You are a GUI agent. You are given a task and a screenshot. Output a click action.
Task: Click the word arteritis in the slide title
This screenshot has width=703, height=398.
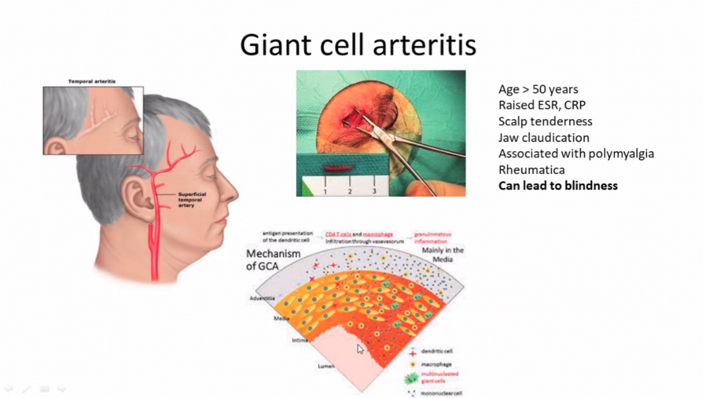tap(424, 45)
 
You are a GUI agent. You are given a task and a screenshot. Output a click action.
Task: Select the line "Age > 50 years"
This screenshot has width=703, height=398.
tap(538, 89)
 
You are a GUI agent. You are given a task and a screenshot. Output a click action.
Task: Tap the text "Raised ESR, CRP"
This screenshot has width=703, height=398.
tap(542, 105)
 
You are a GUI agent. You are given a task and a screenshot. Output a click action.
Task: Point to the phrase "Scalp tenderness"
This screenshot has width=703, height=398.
tap(545, 122)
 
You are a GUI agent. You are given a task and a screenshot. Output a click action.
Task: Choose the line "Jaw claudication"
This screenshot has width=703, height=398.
tap(544, 138)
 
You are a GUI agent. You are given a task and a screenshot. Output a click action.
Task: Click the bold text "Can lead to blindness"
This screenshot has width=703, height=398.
tap(558, 186)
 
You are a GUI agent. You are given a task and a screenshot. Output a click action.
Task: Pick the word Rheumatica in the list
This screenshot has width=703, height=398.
tap(531, 170)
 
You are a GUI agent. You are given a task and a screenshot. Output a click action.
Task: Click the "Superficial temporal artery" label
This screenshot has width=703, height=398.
tap(192, 200)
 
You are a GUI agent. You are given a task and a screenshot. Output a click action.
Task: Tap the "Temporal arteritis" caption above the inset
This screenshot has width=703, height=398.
tap(92, 82)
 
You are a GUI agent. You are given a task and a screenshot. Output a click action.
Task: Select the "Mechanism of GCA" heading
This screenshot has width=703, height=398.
tap(273, 260)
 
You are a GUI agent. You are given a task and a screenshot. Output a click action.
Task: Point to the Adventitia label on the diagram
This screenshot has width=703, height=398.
tap(262, 299)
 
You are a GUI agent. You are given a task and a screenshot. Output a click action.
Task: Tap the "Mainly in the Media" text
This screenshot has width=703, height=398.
tap(443, 255)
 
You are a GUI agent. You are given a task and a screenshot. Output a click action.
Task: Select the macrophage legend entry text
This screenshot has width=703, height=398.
tap(437, 364)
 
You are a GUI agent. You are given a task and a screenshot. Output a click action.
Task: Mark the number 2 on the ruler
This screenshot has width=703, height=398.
tap(350, 191)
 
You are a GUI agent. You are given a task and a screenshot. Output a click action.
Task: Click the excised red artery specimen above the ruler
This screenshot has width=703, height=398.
tap(333, 170)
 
